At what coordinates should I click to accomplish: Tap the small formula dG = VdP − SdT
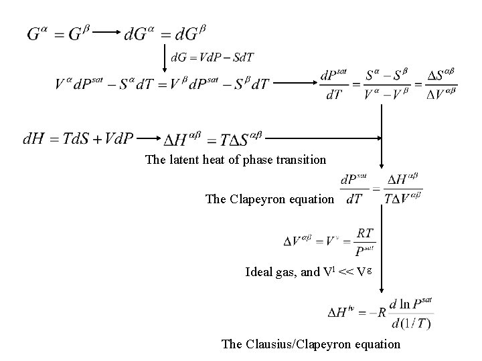pos(212,57)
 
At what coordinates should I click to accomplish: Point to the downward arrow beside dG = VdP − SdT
pos(164,59)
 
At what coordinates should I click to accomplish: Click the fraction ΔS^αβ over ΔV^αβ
pos(441,84)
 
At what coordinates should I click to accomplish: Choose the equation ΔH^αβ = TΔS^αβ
pos(213,140)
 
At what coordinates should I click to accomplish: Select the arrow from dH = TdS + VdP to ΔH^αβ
pos(150,139)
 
